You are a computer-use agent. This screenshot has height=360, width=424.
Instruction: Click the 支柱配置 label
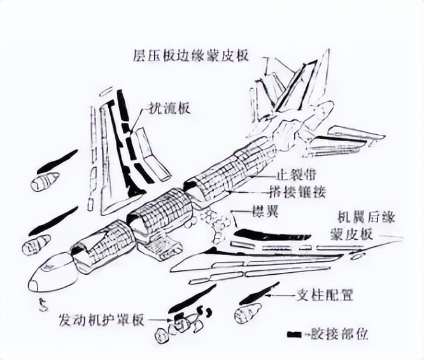(x=326, y=295)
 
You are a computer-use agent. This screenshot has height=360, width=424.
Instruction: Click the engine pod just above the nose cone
(x=36, y=244)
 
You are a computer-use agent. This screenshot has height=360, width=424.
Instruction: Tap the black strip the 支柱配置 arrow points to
(x=257, y=293)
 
